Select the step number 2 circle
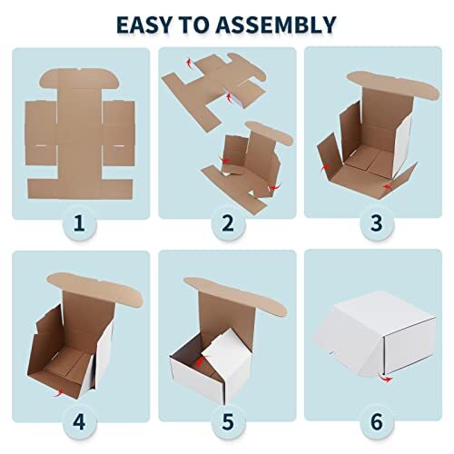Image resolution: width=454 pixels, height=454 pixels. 227,223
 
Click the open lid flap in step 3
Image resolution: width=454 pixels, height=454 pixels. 381,80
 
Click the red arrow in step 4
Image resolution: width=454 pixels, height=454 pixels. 60,391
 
